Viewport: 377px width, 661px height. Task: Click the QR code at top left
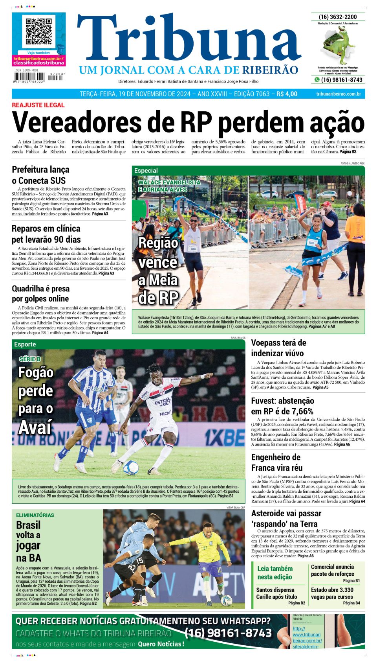[38, 31]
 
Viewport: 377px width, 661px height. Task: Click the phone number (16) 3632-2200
[338, 17]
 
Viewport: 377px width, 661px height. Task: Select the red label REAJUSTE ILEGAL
[38, 105]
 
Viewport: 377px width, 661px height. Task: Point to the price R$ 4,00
[287, 94]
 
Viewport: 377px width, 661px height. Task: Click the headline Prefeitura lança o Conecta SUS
[40, 175]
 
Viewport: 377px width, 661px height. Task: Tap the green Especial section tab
[146, 171]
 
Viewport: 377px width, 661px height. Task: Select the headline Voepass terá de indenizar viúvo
[278, 348]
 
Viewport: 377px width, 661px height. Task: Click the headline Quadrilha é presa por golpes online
[40, 294]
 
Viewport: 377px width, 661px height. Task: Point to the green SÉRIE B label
[30, 359]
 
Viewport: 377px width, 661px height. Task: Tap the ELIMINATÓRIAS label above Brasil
[35, 515]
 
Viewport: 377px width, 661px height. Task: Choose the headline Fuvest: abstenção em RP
[282, 406]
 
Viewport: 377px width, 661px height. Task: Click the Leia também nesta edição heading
[275, 573]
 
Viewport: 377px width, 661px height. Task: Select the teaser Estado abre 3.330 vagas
[332, 593]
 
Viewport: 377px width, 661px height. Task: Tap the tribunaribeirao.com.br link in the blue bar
[338, 94]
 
